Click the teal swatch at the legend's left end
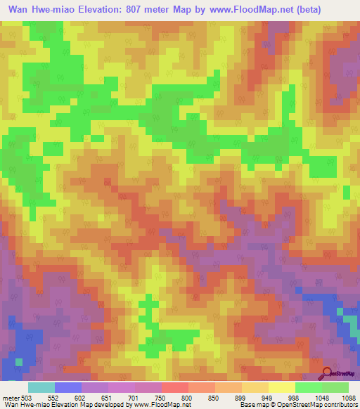41,387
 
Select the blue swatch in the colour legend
68,387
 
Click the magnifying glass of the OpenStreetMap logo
327,372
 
